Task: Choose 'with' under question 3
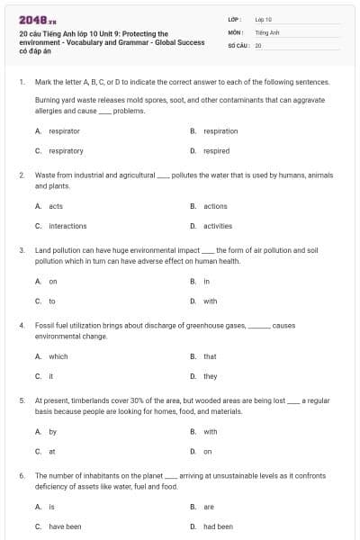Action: click(x=210, y=301)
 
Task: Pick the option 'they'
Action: click(x=210, y=376)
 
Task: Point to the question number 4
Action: click(x=21, y=324)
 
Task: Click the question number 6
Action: click(x=21, y=474)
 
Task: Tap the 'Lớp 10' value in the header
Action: click(x=264, y=18)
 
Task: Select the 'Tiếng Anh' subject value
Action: click(x=267, y=31)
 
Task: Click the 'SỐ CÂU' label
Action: click(x=238, y=45)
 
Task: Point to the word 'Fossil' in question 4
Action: click(x=44, y=324)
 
